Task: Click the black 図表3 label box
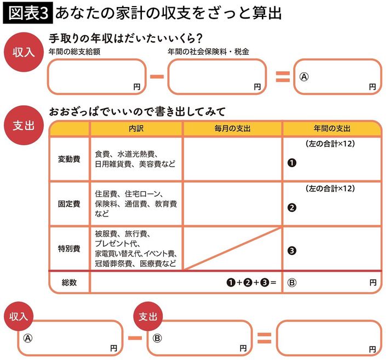point(27,13)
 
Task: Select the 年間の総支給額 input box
point(97,76)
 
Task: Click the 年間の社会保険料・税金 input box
point(217,76)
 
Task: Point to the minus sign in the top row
point(157,76)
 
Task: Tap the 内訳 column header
point(136,128)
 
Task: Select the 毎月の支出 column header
point(232,128)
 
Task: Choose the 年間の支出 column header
point(332,128)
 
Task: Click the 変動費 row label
point(69,159)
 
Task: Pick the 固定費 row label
point(69,204)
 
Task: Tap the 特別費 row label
point(69,248)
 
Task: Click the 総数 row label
point(69,282)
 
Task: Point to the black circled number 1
point(291,163)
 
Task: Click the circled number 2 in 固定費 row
point(291,207)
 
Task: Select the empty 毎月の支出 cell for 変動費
point(232,159)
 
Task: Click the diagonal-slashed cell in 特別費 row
point(232,248)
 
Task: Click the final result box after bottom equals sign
point(328,338)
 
